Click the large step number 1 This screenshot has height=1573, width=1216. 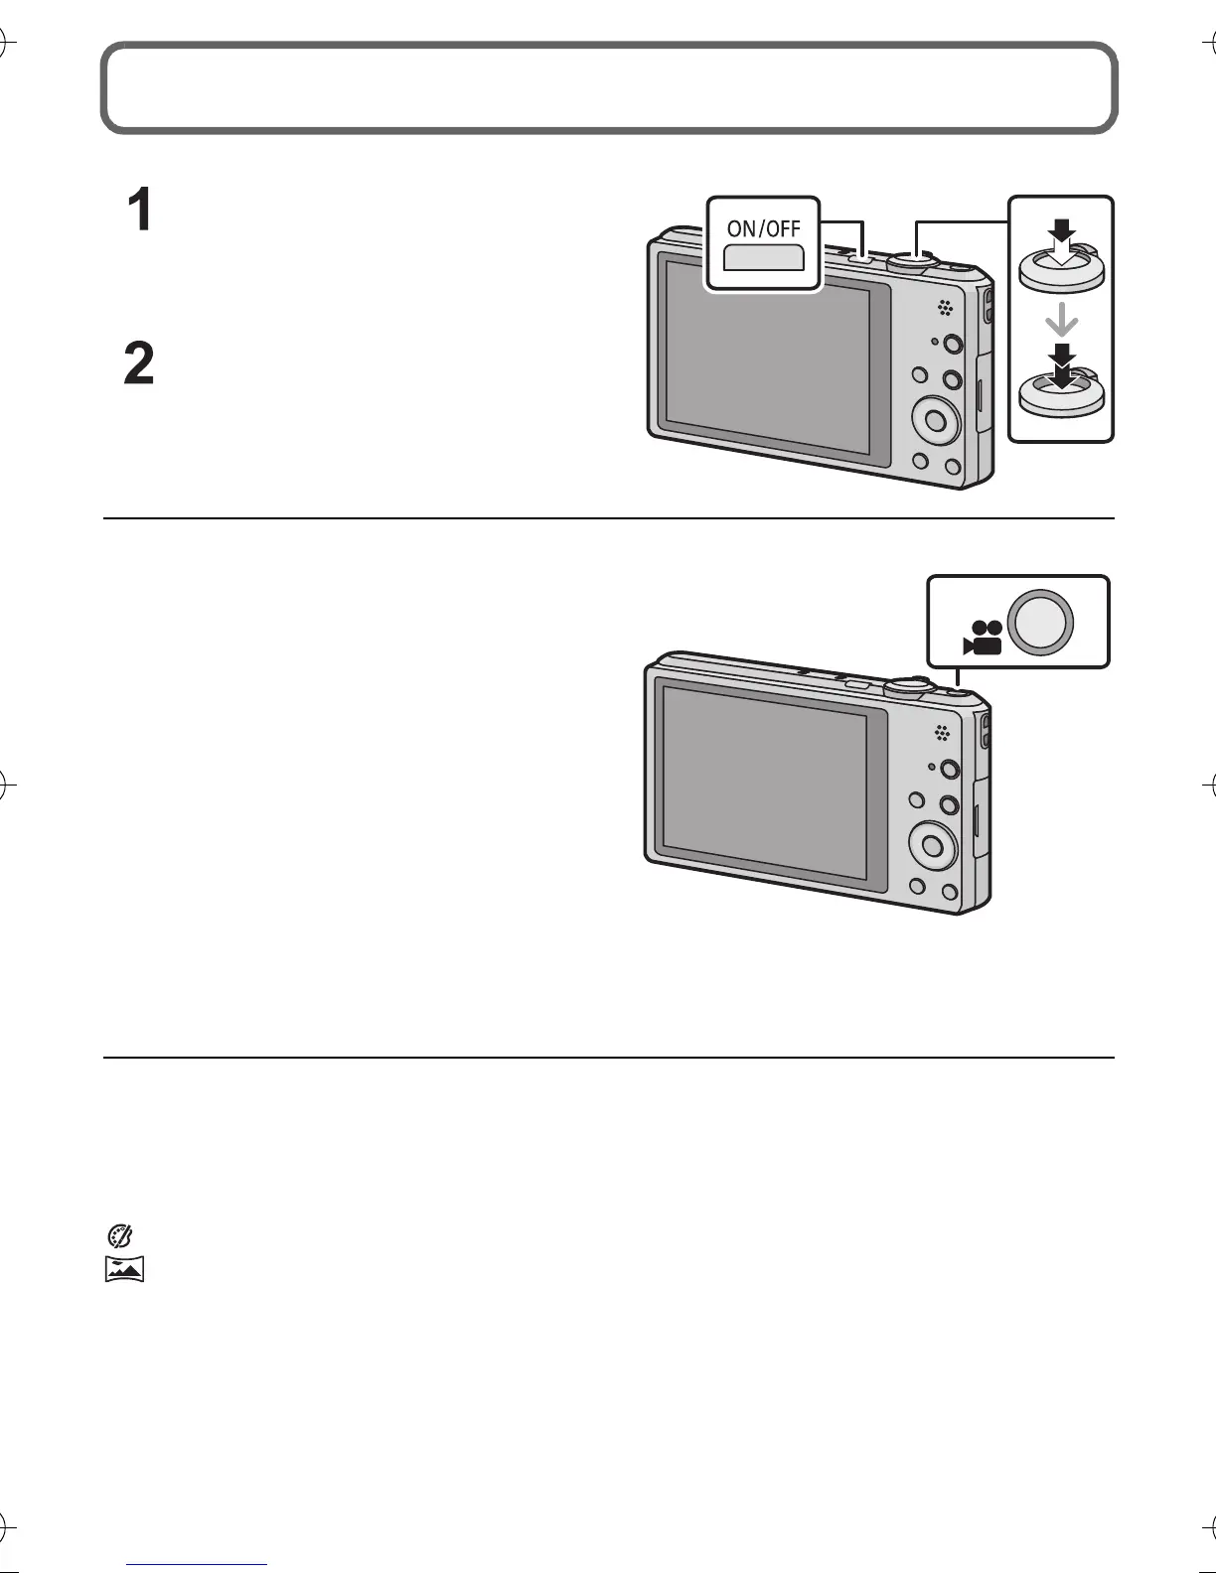(141, 212)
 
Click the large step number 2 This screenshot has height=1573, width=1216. (139, 364)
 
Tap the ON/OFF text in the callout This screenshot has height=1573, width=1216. (763, 227)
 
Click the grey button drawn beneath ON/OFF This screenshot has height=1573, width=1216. (763, 259)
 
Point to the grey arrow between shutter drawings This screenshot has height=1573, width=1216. (1062, 320)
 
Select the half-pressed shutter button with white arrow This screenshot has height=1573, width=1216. (1061, 262)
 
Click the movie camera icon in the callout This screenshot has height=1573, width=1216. (982, 638)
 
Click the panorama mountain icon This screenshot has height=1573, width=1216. (125, 1269)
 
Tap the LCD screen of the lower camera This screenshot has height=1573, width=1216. (765, 780)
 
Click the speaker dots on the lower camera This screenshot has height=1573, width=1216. (941, 735)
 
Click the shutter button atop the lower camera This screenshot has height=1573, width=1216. (906, 685)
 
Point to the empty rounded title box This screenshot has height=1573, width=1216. (608, 87)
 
